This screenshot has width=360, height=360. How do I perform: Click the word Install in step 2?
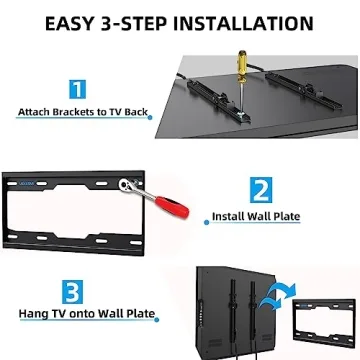[x=229, y=216]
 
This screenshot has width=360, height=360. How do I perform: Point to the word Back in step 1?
[x=132, y=113]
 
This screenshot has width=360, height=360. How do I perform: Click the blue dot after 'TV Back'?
[x=151, y=116]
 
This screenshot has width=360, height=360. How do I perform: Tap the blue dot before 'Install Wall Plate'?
[x=205, y=215]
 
